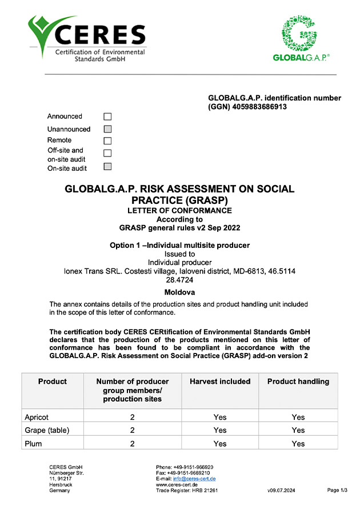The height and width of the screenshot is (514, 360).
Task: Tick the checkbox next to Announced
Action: [107, 117]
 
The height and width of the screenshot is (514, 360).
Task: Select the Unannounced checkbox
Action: [107, 130]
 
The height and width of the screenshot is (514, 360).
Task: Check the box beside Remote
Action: [107, 140]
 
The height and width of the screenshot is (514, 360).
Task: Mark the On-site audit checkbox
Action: [107, 167]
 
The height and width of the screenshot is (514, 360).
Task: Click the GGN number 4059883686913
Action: [257, 107]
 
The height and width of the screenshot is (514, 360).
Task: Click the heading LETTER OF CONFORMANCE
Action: [179, 210]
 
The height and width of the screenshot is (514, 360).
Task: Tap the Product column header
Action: [53, 382]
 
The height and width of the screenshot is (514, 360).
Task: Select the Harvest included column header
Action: [220, 382]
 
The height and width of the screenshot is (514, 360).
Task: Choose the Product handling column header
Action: [298, 382]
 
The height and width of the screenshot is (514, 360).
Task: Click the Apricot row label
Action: [37, 417]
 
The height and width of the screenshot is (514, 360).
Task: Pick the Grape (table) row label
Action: [47, 430]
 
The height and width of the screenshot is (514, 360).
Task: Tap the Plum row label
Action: [33, 443]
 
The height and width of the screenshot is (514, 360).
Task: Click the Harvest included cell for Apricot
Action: [220, 417]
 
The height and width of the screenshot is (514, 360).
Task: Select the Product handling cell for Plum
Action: [298, 443]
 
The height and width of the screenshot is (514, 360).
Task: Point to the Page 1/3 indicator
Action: [337, 490]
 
